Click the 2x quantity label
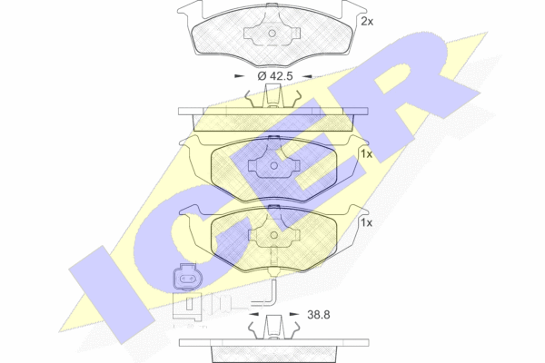point(367,22)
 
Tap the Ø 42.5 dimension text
point(275,75)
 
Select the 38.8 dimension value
point(319,315)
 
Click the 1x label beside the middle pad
point(366,154)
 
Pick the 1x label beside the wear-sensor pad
point(366,222)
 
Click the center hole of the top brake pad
point(272,34)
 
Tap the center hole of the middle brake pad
point(274,166)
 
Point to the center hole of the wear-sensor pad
point(274,235)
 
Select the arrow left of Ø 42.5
point(240,76)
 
